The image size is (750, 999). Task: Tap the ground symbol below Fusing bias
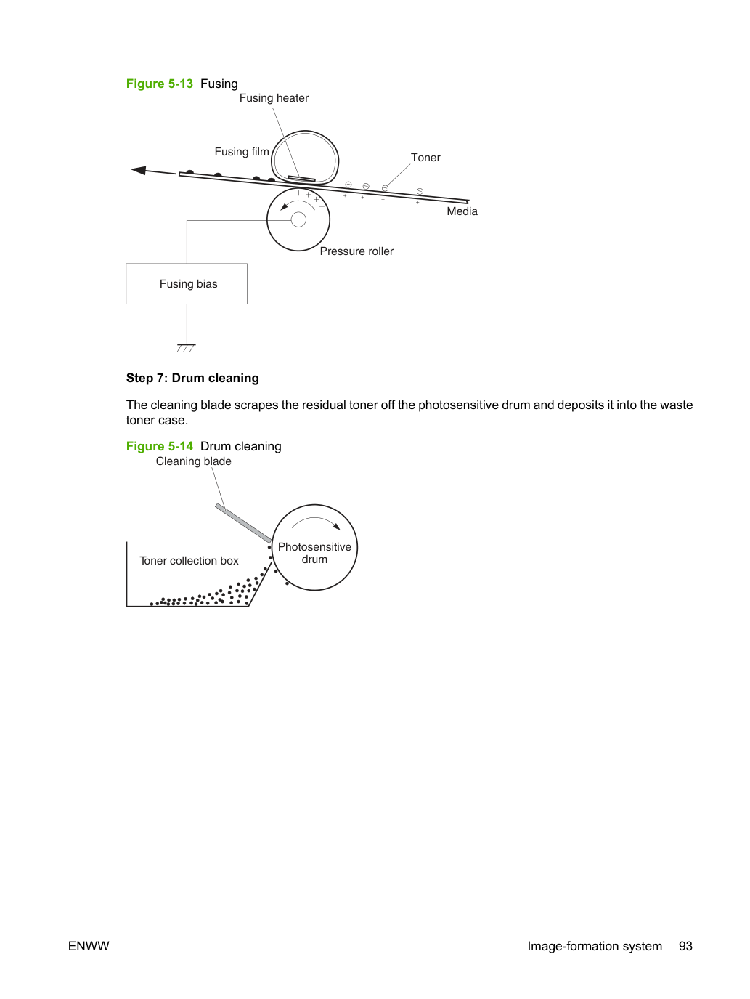186,348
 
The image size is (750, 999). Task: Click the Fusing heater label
274,98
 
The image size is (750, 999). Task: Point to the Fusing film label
242,152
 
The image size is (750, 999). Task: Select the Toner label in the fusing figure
425,158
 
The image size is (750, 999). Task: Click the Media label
462,211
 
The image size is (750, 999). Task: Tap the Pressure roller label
356,251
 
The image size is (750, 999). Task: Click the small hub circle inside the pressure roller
298,219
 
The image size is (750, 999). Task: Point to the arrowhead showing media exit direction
139,170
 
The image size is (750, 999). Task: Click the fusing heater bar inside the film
301,179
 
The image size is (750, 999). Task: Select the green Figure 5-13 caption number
160,84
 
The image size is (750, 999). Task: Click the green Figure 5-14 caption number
160,446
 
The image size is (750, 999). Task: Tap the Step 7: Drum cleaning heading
192,378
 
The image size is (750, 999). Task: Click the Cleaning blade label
193,461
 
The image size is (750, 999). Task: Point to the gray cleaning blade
243,523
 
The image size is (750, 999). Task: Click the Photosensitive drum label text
314,553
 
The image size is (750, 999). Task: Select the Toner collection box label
189,561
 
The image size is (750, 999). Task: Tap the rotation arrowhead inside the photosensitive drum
337,527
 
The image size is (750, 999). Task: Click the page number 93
685,946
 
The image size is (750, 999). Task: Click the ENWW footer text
89,946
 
